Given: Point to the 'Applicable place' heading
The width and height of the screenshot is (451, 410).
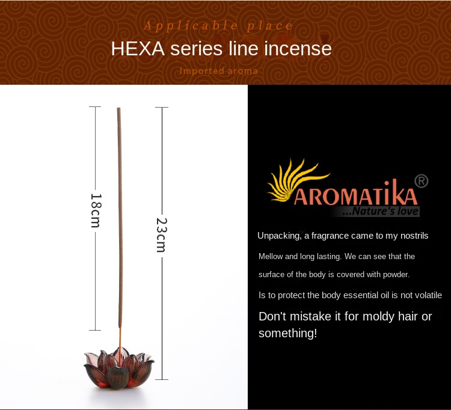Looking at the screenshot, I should click(x=219, y=26).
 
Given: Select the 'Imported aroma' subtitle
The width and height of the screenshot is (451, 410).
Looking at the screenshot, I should click(x=219, y=71).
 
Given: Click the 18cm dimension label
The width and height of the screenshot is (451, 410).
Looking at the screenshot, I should click(x=95, y=210).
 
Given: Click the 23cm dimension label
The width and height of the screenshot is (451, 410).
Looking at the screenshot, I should click(x=161, y=234).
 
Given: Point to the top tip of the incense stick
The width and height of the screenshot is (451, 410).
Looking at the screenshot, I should click(x=118, y=109).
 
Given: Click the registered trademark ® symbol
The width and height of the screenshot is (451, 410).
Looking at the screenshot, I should click(x=422, y=181).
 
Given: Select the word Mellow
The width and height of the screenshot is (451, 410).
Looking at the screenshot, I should click(x=270, y=257).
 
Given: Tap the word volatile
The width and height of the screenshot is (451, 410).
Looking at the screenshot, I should click(x=426, y=295).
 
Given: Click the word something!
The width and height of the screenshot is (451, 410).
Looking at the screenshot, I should click(x=287, y=333).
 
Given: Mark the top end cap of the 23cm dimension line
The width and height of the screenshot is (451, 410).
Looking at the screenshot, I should click(x=162, y=107).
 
